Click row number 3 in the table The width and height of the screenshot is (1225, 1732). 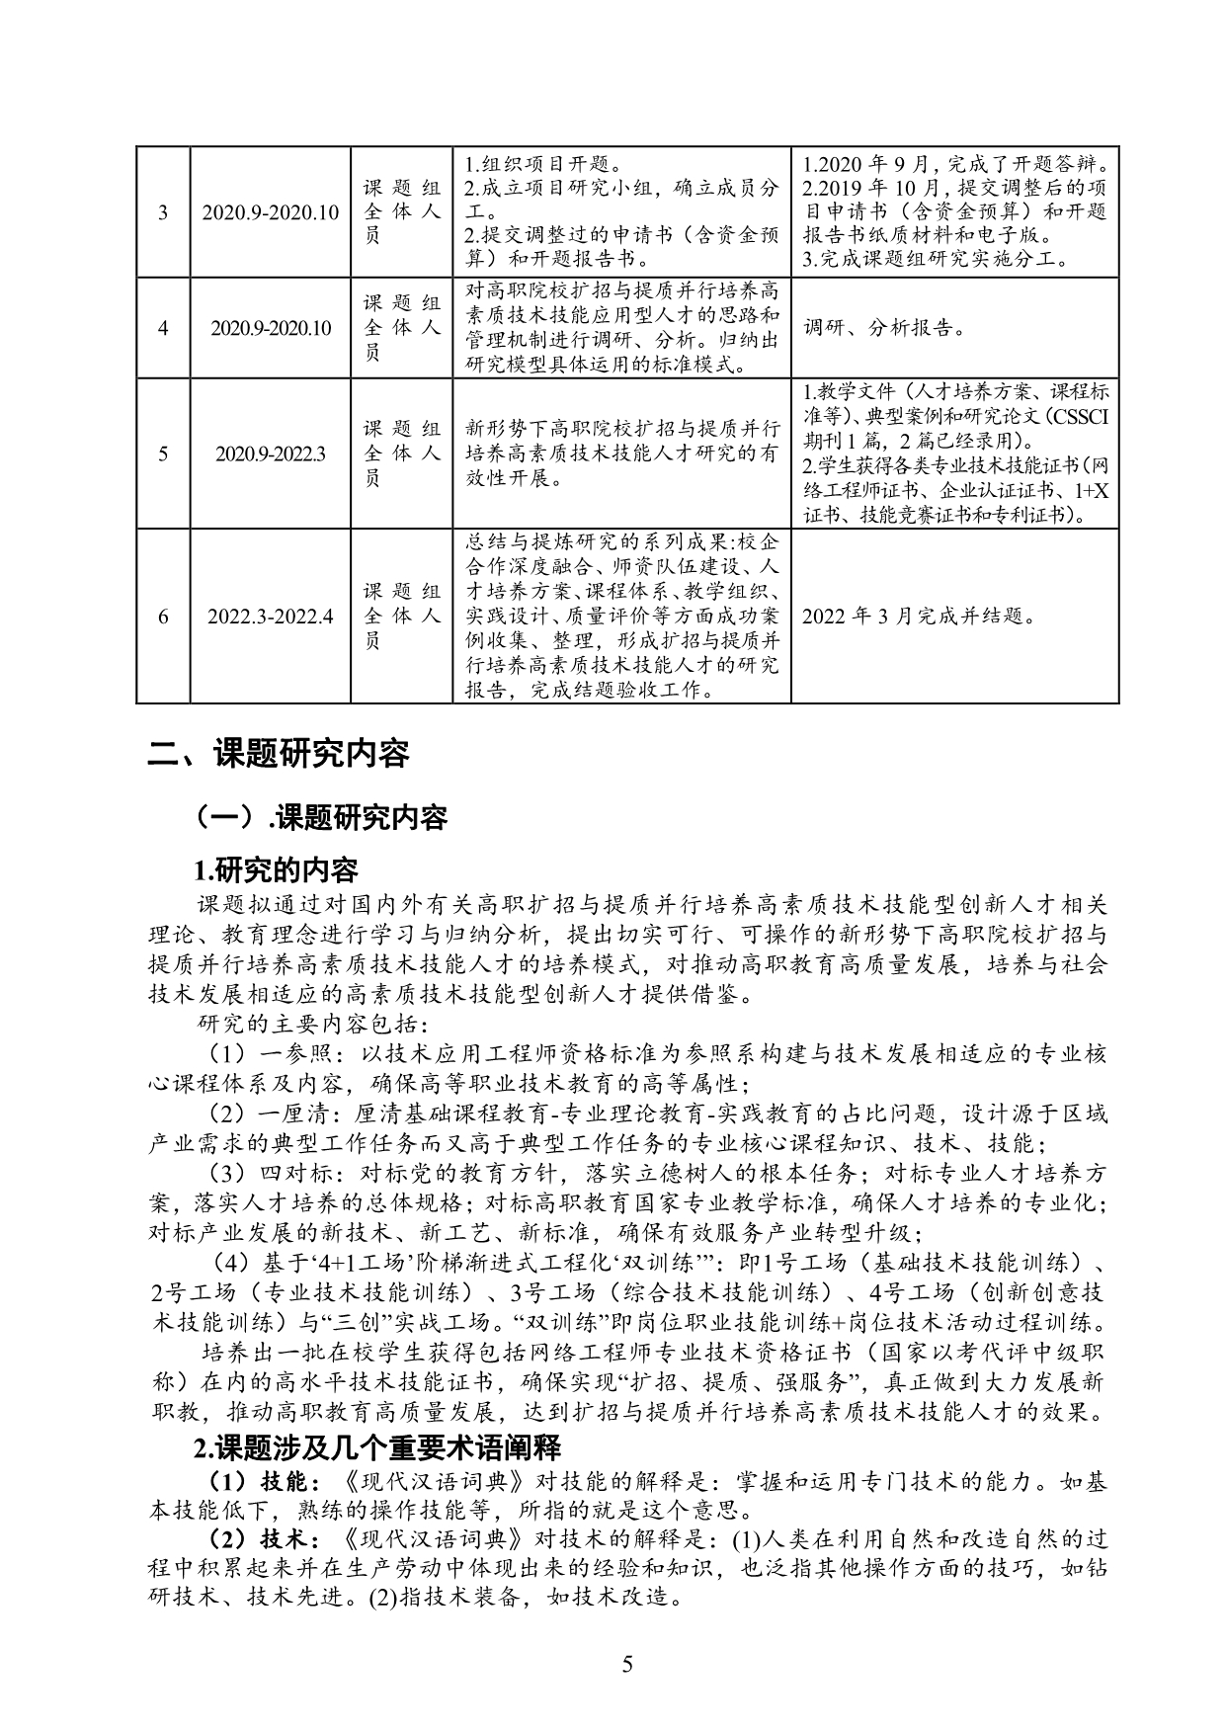[163, 212]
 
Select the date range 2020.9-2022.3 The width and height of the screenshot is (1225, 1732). [271, 454]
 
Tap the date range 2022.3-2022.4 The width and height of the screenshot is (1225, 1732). [271, 617]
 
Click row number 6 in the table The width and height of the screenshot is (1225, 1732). [163, 617]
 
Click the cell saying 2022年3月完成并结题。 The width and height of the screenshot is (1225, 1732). [919, 617]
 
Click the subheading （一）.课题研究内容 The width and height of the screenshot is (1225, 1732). [322, 817]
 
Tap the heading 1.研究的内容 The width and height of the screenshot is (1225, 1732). [276, 870]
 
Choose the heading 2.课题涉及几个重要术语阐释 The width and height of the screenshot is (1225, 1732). [377, 1449]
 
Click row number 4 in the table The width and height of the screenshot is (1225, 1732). [163, 329]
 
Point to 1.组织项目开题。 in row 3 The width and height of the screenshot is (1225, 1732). [541, 165]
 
